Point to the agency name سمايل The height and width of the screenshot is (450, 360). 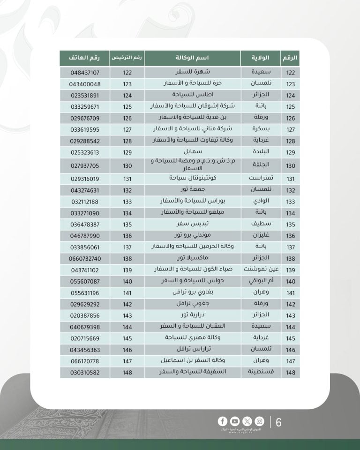192,152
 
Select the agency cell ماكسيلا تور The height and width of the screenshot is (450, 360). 192,259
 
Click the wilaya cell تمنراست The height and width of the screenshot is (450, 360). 260,179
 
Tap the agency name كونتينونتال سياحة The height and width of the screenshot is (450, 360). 192,179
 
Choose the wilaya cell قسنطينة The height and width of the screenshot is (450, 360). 260,372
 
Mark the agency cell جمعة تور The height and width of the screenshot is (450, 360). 192,190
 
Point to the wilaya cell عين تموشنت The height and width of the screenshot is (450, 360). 260,270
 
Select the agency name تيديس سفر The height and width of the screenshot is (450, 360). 192,224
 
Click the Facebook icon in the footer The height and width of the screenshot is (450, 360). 222,421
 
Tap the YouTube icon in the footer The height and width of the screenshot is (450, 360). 234,421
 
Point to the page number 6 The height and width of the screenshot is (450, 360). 279,422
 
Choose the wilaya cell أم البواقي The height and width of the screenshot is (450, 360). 260,281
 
